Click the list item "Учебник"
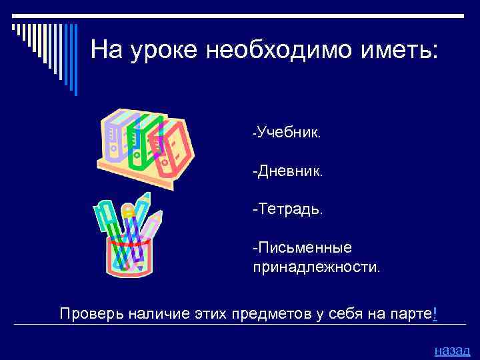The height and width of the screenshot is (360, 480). (289, 133)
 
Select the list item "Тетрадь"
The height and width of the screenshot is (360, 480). (289, 209)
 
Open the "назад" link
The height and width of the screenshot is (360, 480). (451, 350)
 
